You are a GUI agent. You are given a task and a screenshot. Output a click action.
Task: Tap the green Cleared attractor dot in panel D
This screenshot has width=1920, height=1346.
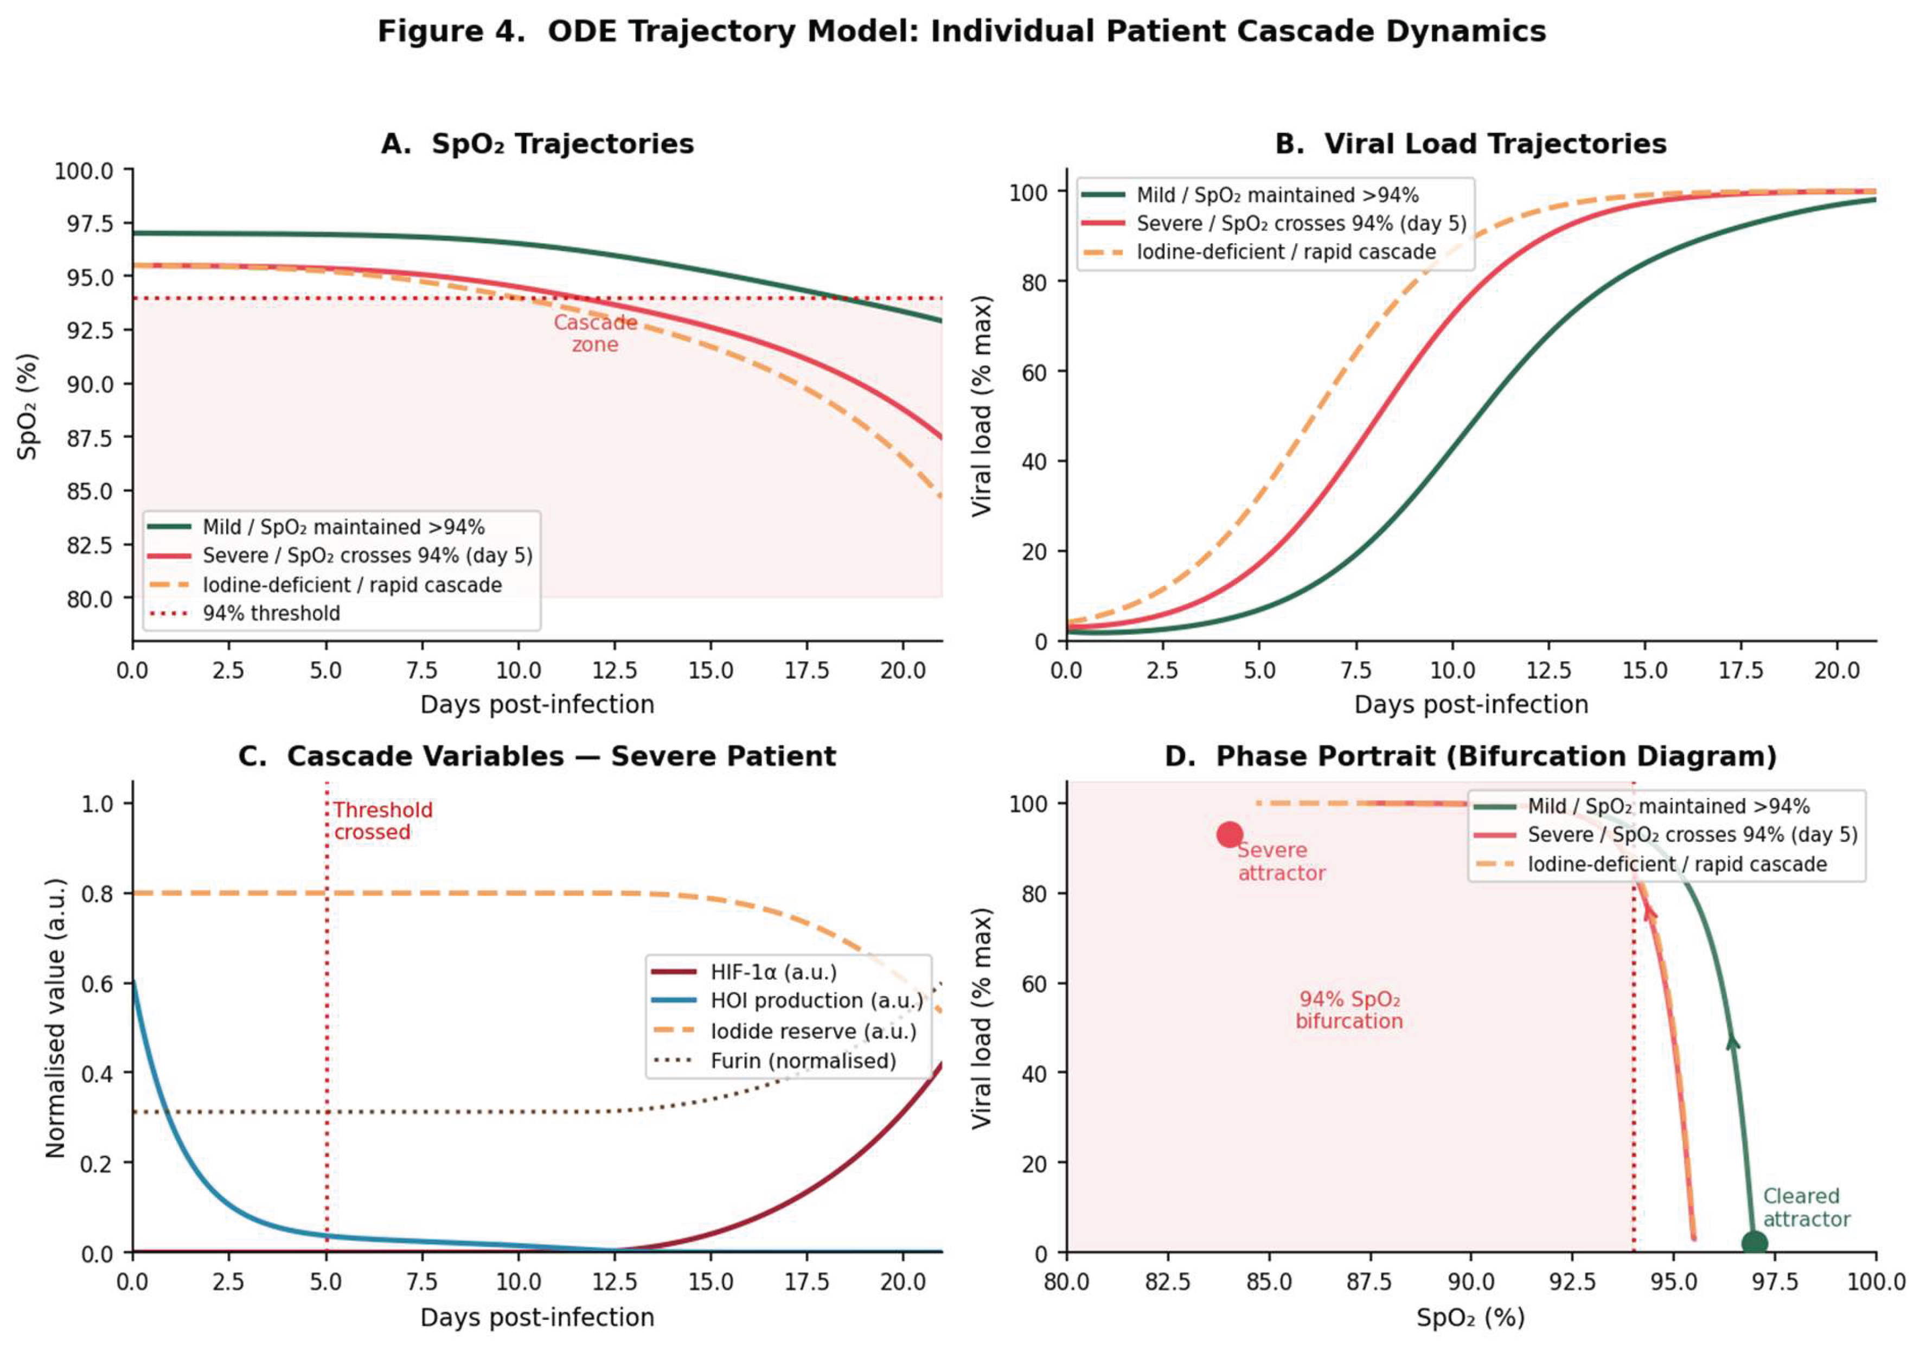1755,1243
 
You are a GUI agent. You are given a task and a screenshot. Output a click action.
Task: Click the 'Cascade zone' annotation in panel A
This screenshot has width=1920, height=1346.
596,334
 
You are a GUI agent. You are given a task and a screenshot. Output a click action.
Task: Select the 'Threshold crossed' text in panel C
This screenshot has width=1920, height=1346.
382,821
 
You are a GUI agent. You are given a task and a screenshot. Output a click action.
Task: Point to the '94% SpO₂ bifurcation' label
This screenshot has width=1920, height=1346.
1349,1010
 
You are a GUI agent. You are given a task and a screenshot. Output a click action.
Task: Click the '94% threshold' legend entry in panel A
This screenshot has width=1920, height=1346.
271,613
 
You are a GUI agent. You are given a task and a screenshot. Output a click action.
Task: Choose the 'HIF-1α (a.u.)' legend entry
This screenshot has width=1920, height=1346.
773,972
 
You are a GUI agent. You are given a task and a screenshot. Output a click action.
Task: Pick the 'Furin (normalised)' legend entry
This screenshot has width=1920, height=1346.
803,1061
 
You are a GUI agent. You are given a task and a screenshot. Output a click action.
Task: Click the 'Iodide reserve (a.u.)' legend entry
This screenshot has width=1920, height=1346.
813,1031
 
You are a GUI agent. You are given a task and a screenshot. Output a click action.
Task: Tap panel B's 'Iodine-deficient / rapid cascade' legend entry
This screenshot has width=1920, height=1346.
1285,252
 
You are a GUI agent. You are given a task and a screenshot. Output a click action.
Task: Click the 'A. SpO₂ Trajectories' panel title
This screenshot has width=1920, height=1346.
537,144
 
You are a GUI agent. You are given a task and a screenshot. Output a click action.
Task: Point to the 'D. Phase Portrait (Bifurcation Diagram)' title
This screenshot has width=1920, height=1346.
1470,756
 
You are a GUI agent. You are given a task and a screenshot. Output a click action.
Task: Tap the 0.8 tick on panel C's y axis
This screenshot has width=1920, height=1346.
97,894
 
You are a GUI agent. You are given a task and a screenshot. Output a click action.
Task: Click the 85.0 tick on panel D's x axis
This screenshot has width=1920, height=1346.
1269,1281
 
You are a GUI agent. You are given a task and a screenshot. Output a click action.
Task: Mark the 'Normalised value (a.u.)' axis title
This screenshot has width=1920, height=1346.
55,1018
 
